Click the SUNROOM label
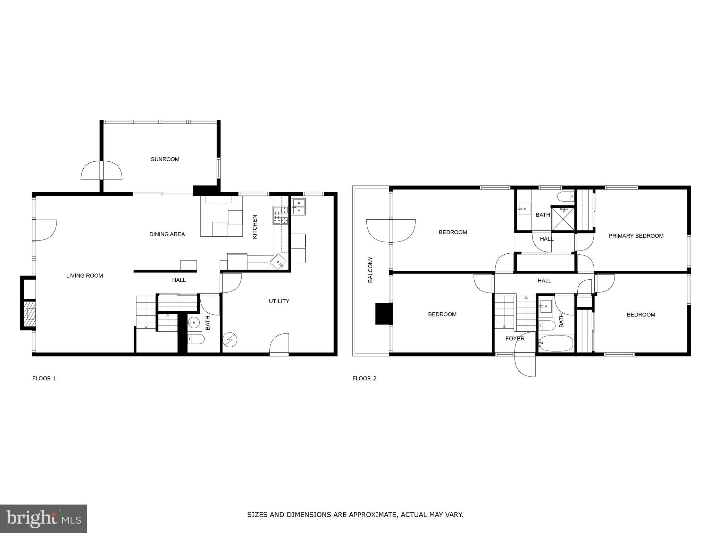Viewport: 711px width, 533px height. tap(165, 159)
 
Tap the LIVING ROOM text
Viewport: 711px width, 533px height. tap(84, 276)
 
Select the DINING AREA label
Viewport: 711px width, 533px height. tap(167, 234)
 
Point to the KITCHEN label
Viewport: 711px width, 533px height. tap(254, 227)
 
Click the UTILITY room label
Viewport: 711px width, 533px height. tap(279, 301)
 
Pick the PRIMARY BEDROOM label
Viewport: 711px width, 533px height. tap(636, 236)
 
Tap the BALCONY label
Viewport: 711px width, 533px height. tap(370, 270)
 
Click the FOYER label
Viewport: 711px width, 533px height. tap(515, 338)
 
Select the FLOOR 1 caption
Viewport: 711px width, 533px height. tap(44, 378)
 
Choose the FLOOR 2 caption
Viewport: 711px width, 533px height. tap(364, 378)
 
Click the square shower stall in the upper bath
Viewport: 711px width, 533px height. tap(563, 218)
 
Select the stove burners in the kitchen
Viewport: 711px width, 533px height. tap(281, 215)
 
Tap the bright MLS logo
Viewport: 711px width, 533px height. tap(43, 518)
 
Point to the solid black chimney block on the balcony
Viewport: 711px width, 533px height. tap(383, 314)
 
